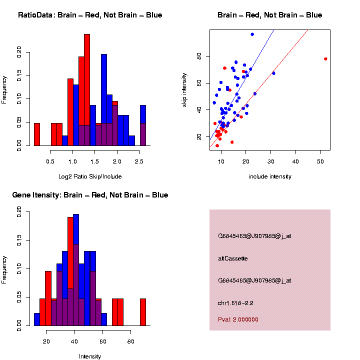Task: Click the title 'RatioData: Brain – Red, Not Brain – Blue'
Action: coord(90,15)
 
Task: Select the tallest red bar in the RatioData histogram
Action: coord(87,90)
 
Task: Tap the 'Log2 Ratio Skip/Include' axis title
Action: coord(90,176)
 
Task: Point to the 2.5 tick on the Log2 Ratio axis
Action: coord(139,161)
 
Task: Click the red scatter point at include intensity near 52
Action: coord(325,59)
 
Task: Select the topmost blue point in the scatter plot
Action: coord(252,34)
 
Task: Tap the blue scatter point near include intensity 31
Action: coord(273,73)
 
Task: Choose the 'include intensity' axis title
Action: coord(270,176)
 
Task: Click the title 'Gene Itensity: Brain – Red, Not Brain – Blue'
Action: coord(90,195)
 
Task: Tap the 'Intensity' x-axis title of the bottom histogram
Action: coord(90,356)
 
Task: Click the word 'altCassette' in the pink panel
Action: coord(233,258)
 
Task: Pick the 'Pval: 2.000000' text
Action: coord(238,319)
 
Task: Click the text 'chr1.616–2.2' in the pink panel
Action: coord(239,303)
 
